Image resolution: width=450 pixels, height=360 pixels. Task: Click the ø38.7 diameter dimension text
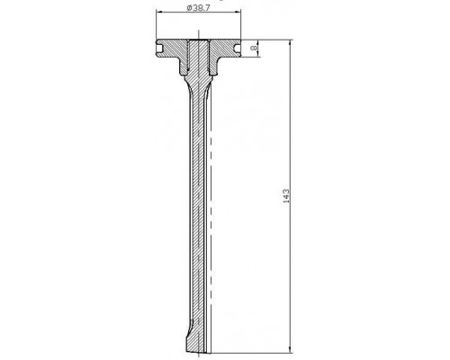click(198, 8)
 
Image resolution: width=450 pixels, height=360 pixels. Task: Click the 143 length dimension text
click(286, 196)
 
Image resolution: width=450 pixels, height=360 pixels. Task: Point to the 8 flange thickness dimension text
click(254, 48)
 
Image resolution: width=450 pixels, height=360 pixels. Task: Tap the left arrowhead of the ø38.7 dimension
click(159, 12)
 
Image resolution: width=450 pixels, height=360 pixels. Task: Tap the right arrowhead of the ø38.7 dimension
click(238, 12)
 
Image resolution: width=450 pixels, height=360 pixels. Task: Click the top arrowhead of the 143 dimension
click(290, 42)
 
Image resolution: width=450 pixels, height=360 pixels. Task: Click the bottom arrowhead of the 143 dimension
click(290, 350)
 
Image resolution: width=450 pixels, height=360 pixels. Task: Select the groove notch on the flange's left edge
click(159, 48)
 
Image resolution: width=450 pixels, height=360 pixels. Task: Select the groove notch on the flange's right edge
click(238, 48)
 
